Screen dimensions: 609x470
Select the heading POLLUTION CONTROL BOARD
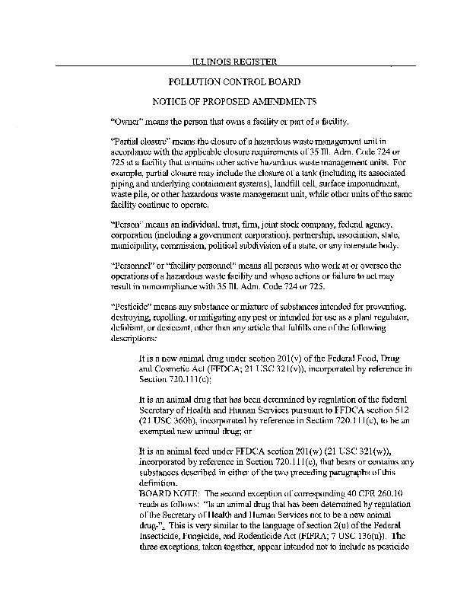click(x=233, y=81)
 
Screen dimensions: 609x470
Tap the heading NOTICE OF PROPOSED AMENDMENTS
click(x=234, y=101)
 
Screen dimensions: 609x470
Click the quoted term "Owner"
click(x=126, y=121)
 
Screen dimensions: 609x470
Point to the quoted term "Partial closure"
click(x=139, y=142)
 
